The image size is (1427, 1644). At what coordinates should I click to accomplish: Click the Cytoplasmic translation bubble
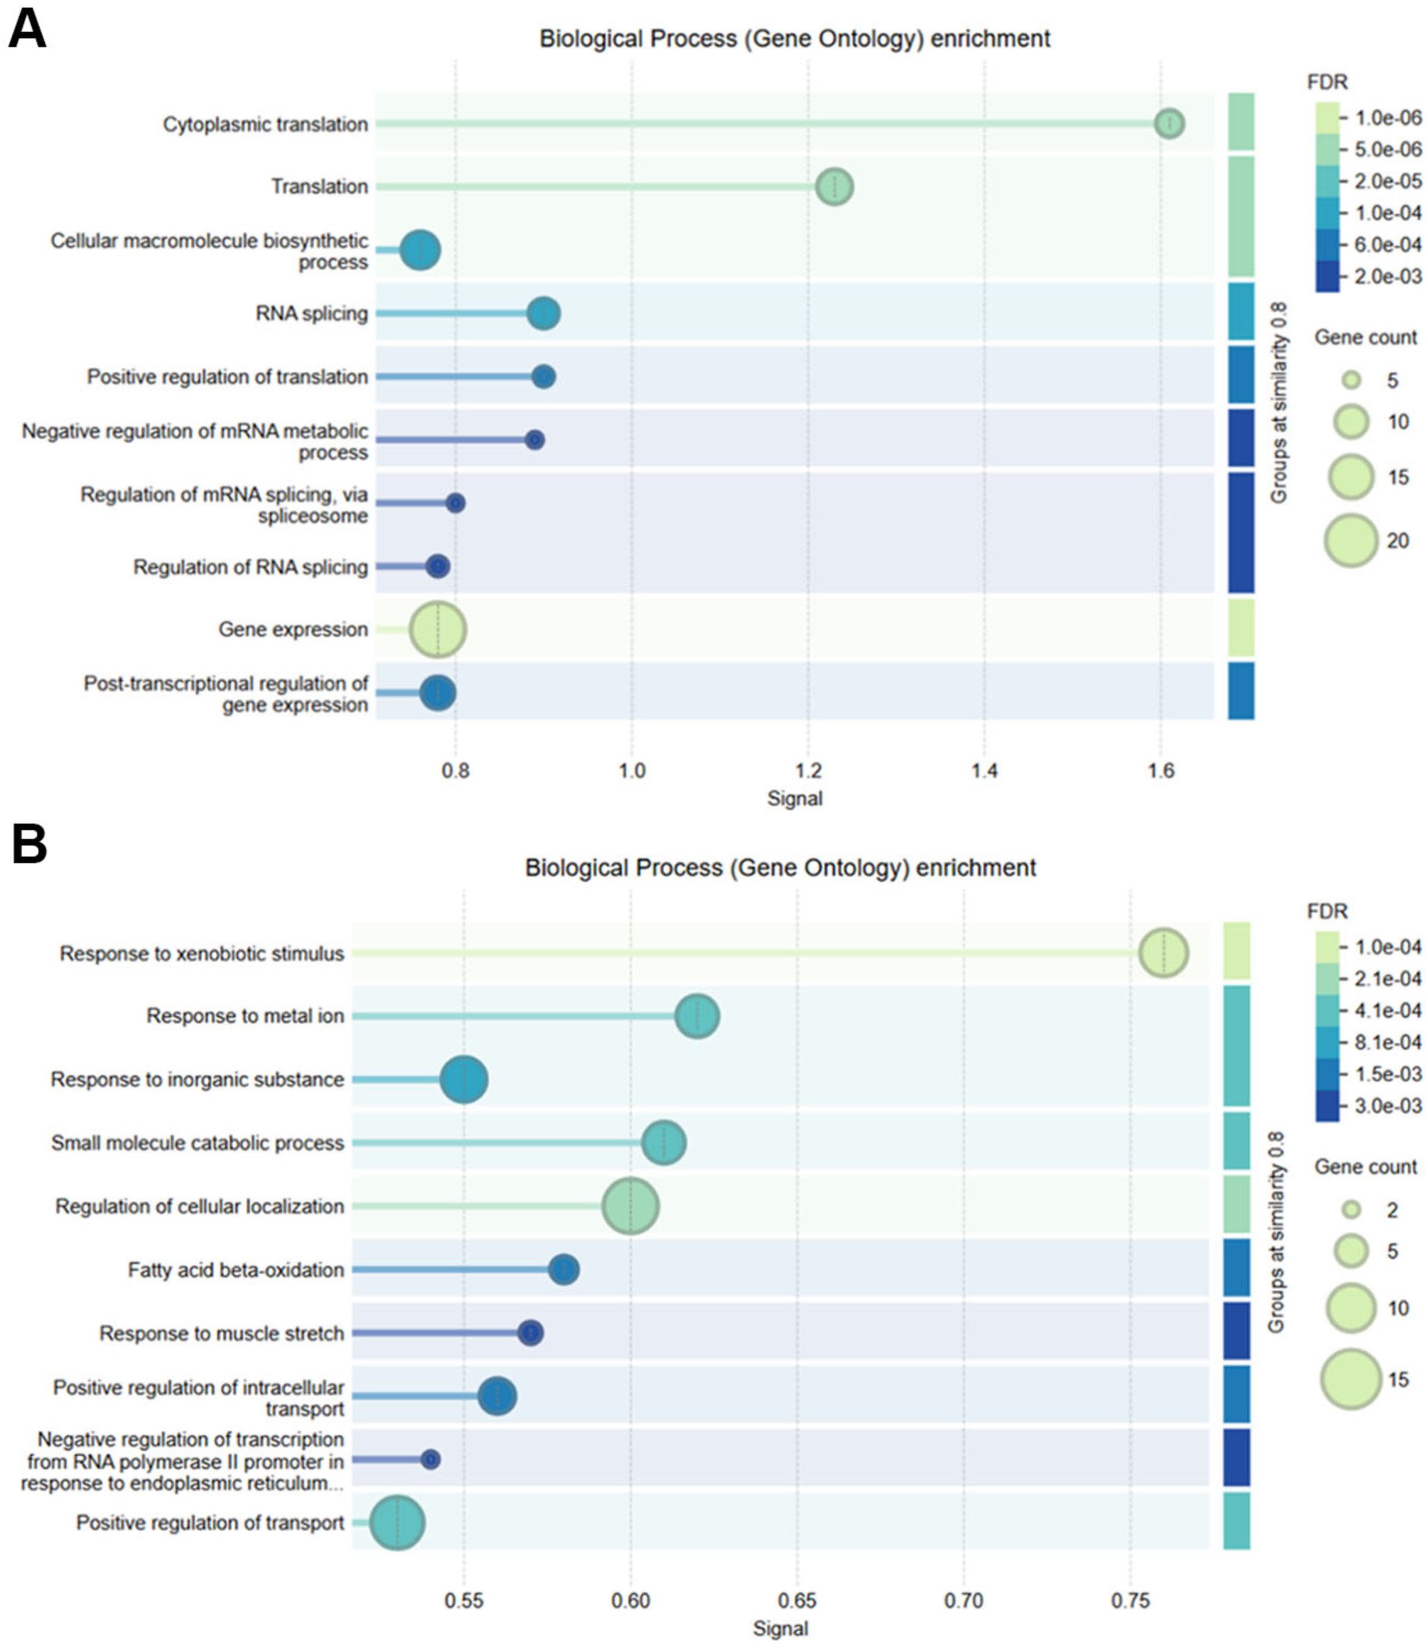pos(1169,124)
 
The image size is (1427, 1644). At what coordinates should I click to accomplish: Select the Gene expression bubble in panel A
pos(438,629)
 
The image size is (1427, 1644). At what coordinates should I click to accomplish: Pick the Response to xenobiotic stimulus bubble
pos(1163,953)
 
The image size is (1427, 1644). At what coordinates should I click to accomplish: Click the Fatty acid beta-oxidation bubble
pos(564,1270)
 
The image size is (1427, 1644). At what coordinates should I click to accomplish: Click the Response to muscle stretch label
pos(221,1334)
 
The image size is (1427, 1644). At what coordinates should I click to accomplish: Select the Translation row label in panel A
pos(319,186)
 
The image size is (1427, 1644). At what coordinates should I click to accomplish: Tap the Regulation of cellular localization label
pos(199,1206)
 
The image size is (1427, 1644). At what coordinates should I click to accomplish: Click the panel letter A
pos(27,30)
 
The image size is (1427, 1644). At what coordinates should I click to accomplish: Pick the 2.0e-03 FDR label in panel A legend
pos(1387,276)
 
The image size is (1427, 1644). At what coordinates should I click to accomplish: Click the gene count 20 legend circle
pos(1350,540)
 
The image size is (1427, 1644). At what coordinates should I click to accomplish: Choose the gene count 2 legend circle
pos(1350,1210)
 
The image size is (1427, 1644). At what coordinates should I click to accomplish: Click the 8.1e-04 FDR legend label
pos(1387,1042)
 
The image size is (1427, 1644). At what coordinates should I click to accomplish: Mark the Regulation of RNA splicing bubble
pos(438,567)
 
